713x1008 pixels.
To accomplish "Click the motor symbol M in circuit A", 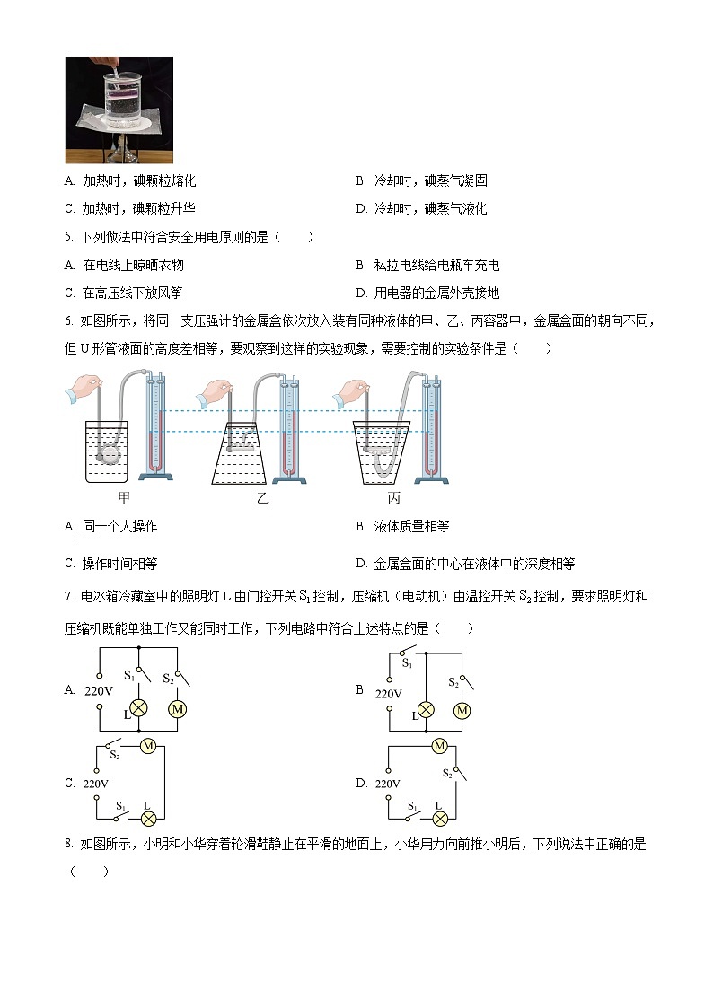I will pyautogui.click(x=177, y=709).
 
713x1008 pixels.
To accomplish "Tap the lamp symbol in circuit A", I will pyautogui.click(x=140, y=709).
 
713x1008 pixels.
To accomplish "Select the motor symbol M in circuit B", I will pyautogui.click(x=462, y=711).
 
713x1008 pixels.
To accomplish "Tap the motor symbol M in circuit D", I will pyautogui.click(x=440, y=745).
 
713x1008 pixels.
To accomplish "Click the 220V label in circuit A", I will pyautogui.click(x=96, y=691).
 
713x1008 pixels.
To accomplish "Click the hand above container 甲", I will pyautogui.click(x=83, y=388).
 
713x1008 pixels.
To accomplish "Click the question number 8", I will pyautogui.click(x=68, y=844).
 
